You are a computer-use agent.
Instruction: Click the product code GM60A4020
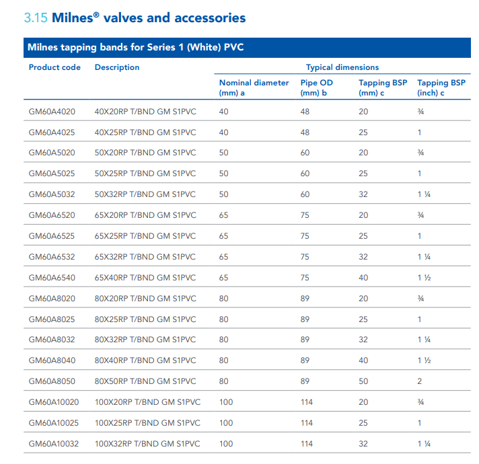(52, 112)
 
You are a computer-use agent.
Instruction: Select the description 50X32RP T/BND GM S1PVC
(145, 194)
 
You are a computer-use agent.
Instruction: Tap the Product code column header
(54, 67)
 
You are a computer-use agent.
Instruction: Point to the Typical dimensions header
(342, 67)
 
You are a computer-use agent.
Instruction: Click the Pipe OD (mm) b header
(316, 87)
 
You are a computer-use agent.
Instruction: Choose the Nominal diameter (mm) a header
(254, 87)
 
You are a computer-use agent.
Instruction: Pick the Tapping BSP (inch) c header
(441, 87)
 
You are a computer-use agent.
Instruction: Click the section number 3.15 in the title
(36, 17)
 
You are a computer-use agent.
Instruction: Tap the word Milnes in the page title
(73, 17)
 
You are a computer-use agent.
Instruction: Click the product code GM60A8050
(52, 381)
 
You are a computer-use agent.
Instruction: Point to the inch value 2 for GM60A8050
(420, 381)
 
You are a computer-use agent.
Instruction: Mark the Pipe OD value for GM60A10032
(307, 444)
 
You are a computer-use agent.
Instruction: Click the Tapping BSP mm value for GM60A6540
(363, 278)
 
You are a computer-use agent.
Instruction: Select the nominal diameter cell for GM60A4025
(223, 132)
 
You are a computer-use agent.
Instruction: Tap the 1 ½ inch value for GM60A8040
(425, 360)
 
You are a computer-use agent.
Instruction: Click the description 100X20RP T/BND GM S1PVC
(147, 402)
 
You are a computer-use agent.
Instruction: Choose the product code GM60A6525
(52, 236)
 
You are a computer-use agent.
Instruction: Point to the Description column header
(117, 67)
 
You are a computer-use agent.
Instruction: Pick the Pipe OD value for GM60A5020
(305, 153)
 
